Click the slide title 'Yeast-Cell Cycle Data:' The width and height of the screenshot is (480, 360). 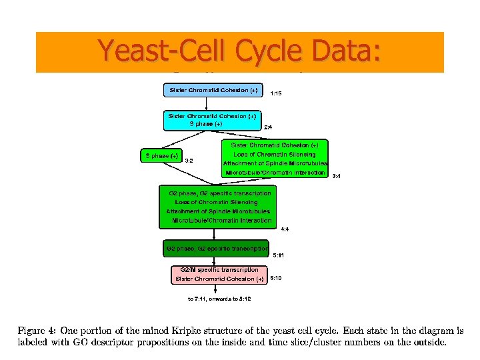(x=239, y=51)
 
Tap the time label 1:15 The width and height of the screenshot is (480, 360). (x=276, y=94)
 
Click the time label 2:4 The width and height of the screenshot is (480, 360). (x=268, y=127)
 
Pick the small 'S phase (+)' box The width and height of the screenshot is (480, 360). (x=160, y=156)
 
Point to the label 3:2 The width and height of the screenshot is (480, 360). (x=189, y=161)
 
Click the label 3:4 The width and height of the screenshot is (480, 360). (x=337, y=176)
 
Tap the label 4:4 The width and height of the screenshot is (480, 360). (x=285, y=229)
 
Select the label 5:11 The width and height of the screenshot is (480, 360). (x=279, y=255)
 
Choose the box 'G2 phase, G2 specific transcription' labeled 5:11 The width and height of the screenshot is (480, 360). (x=216, y=248)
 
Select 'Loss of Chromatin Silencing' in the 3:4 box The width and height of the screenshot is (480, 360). (x=275, y=154)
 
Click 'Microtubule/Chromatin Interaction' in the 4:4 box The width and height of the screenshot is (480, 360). (x=222, y=220)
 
